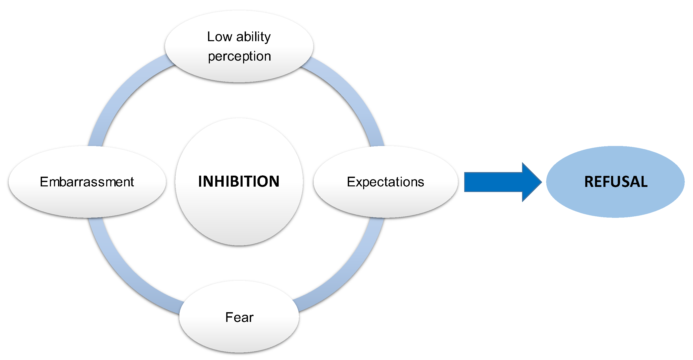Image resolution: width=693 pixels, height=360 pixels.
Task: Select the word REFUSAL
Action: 616,182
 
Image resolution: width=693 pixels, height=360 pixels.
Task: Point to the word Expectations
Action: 385,182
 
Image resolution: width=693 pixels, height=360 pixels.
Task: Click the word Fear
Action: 239,317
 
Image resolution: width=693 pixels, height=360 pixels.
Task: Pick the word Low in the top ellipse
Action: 220,37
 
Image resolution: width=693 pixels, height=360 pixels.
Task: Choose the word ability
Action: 253,37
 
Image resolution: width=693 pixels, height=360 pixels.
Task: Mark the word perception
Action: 239,56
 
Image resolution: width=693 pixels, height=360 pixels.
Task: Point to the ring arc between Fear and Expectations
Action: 350,277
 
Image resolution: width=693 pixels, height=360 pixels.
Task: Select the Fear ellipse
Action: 239,336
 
